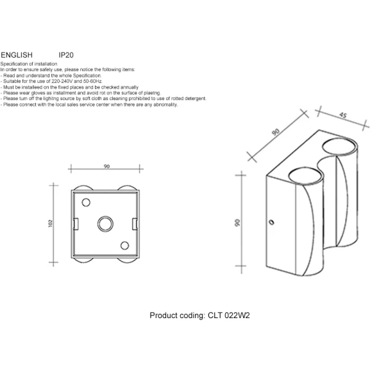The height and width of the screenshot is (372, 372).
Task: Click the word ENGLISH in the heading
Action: [x=17, y=55]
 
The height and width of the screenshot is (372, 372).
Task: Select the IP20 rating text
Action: [x=66, y=55]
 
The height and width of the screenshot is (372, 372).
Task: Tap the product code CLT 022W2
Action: [x=229, y=316]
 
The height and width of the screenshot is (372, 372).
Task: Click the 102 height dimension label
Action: [x=50, y=223]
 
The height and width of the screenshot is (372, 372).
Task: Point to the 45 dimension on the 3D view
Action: [x=343, y=115]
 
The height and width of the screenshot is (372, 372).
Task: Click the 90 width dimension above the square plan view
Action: [x=106, y=166]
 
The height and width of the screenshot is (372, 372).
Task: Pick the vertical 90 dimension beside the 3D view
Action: [x=237, y=223]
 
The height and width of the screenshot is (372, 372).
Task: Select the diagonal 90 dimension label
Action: [x=276, y=132]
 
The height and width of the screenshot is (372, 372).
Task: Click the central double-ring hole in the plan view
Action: [x=105, y=224]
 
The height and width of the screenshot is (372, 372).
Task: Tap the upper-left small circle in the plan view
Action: [x=86, y=203]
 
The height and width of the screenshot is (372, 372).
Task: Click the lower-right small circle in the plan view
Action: [x=124, y=246]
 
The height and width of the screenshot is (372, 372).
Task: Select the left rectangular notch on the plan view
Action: [x=76, y=224]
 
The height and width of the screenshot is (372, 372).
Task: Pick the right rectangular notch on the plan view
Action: [x=135, y=224]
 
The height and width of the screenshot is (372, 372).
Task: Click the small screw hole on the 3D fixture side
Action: [x=272, y=223]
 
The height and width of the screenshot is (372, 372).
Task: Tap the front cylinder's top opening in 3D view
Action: [x=305, y=176]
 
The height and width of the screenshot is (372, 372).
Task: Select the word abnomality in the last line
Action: [x=165, y=105]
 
